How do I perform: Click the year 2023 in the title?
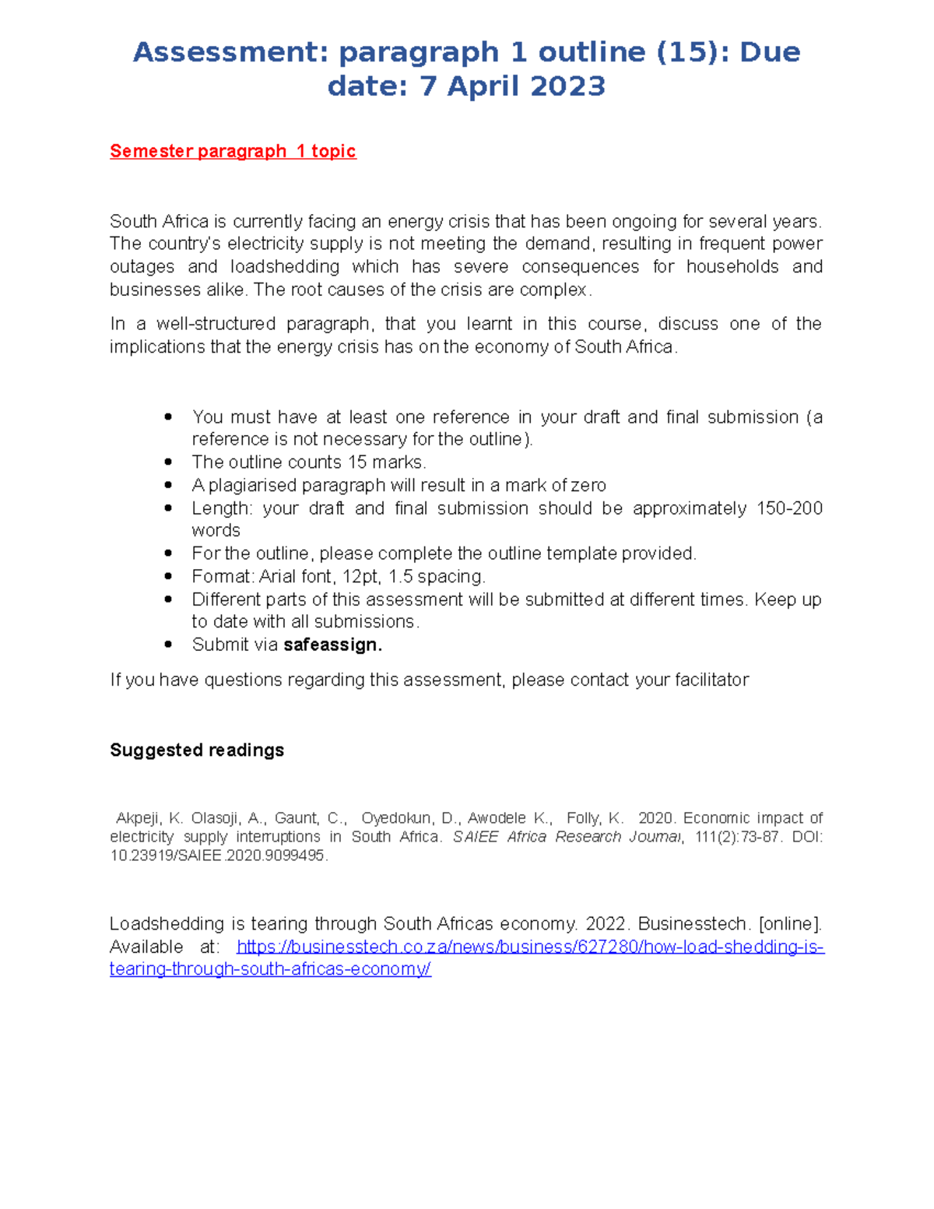pyautogui.click(x=567, y=86)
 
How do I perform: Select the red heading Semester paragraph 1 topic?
pyautogui.click(x=233, y=151)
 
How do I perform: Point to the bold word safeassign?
pyautogui.click(x=332, y=645)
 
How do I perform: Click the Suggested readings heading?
pyautogui.click(x=197, y=750)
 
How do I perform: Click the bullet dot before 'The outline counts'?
pyautogui.click(x=168, y=462)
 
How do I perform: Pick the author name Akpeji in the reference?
pyautogui.click(x=138, y=818)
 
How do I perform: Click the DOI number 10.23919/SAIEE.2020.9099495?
pyautogui.click(x=218, y=856)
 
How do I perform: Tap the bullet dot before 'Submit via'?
pyautogui.click(x=168, y=645)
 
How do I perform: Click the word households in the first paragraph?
pyautogui.click(x=732, y=267)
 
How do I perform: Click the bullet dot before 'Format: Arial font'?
pyautogui.click(x=168, y=577)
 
